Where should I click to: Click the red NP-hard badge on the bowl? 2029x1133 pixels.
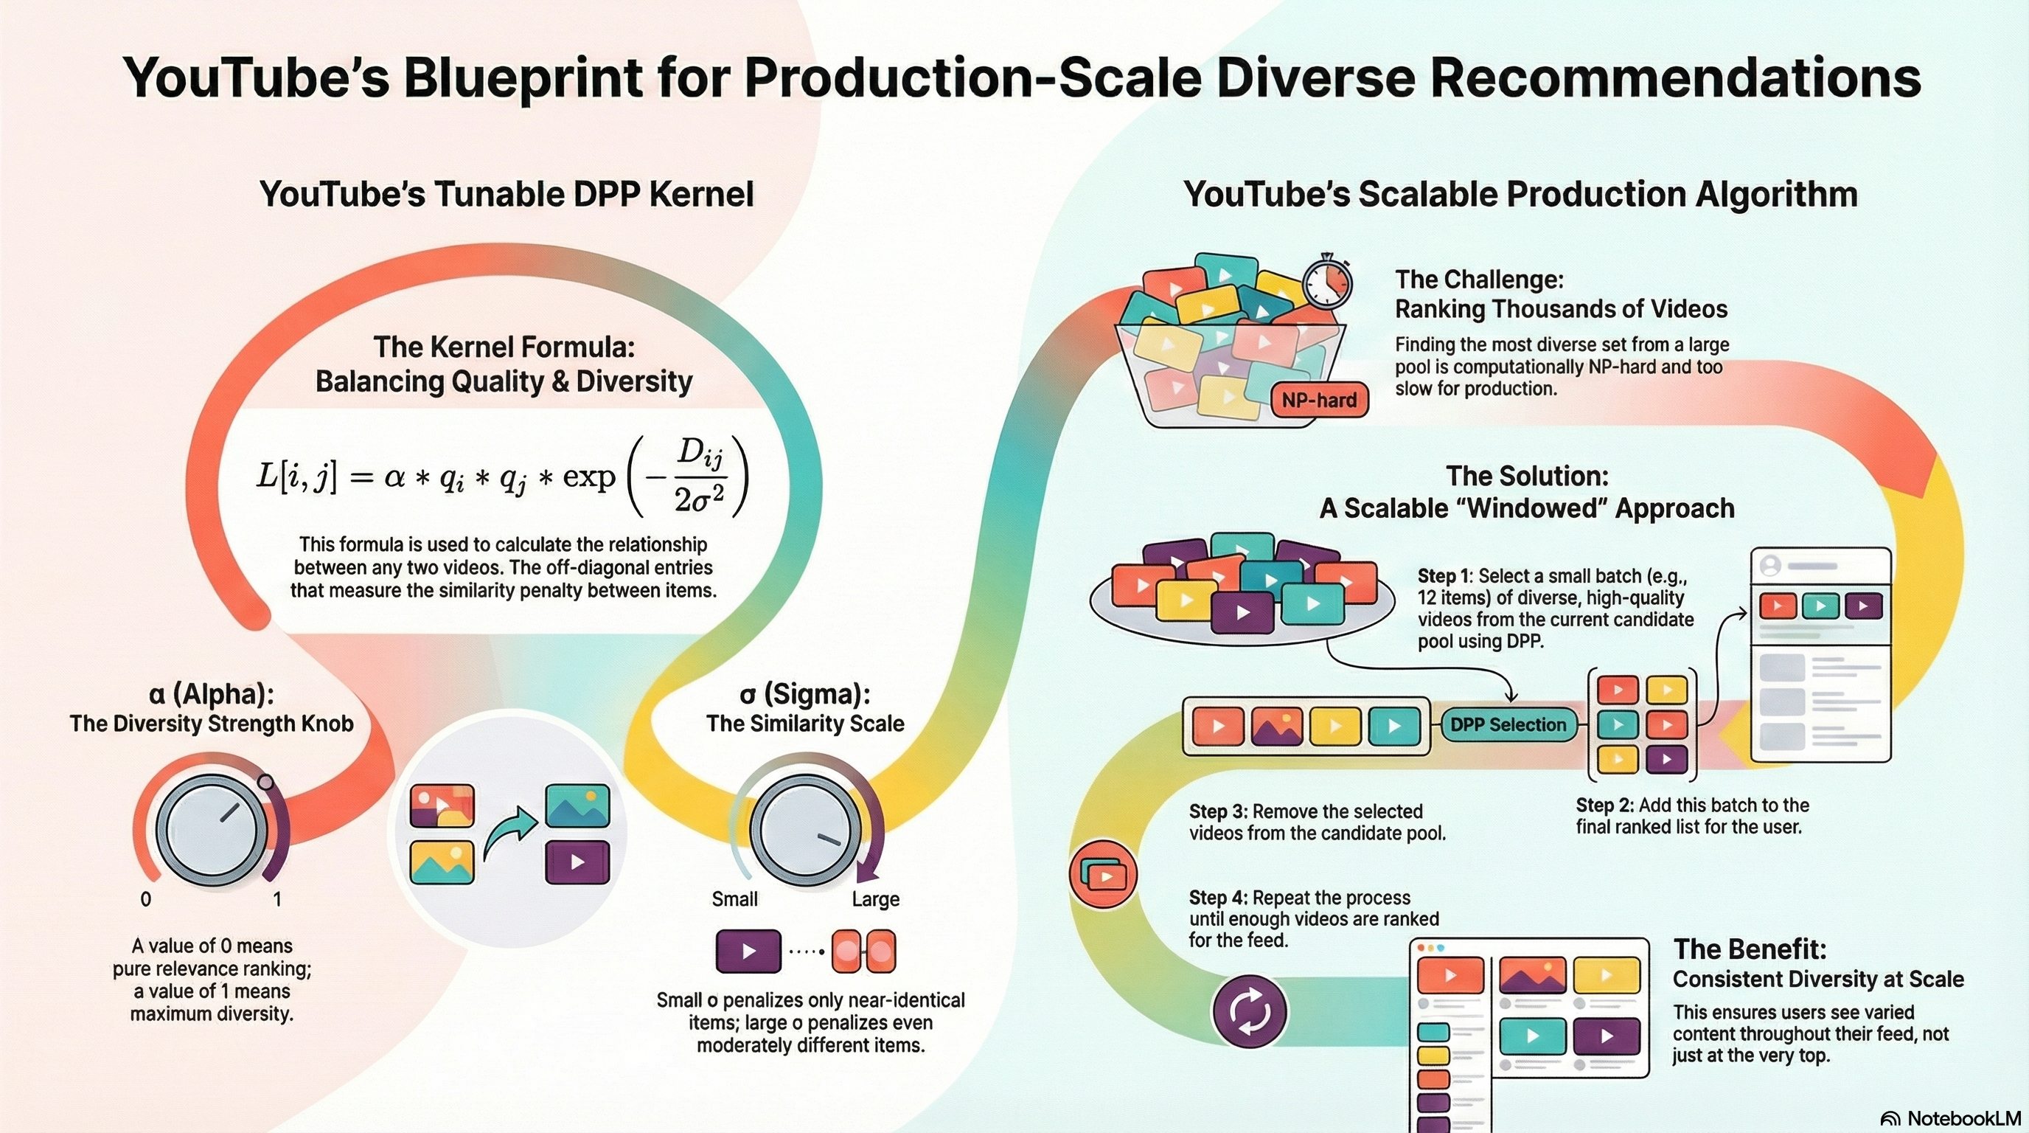click(x=1319, y=400)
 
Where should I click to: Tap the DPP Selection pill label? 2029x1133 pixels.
click(x=1508, y=725)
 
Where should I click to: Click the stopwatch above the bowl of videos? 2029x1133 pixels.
click(x=1327, y=282)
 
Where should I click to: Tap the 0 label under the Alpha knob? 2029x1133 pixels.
click(x=146, y=899)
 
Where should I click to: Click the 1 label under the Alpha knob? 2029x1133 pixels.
click(x=277, y=899)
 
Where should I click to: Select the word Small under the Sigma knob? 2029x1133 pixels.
click(x=734, y=899)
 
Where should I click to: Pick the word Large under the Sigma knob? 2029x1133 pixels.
click(x=875, y=899)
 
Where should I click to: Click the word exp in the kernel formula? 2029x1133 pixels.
click(x=588, y=477)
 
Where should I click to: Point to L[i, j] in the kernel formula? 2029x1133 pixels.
click(x=296, y=477)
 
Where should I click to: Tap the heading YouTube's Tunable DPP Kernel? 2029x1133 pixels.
click(x=507, y=194)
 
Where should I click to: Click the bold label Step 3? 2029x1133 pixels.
click(x=1218, y=811)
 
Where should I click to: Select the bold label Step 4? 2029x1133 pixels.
click(x=1218, y=898)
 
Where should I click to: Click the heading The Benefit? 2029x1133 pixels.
click(x=1750, y=949)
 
